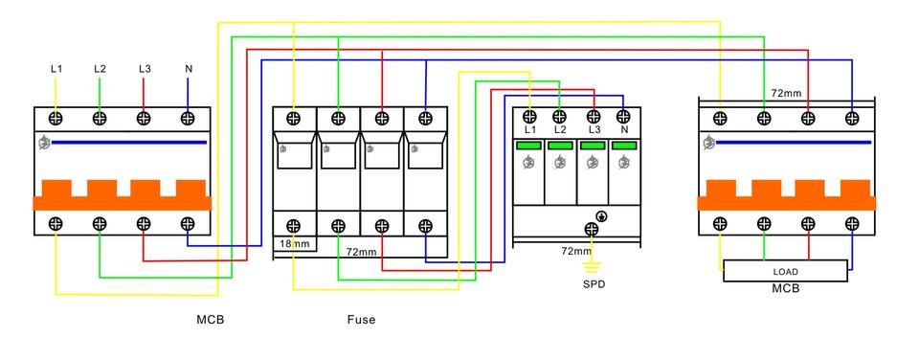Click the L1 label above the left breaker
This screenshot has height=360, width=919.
[x=56, y=69]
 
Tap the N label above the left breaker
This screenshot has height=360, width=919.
[x=189, y=69]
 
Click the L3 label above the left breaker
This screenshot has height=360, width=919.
[x=145, y=69]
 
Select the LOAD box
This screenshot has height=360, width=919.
[x=785, y=271]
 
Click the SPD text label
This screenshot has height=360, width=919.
[x=594, y=285]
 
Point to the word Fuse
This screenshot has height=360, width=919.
[x=361, y=320]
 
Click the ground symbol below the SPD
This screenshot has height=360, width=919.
[x=592, y=268]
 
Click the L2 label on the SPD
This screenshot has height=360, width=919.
[x=559, y=129]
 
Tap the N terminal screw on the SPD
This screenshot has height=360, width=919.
[x=623, y=117]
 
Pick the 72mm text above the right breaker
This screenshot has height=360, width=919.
[x=785, y=93]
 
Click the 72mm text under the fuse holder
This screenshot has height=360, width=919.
[x=360, y=252]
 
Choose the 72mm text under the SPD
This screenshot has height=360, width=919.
[x=576, y=252]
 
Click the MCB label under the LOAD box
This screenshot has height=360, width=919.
[x=785, y=289]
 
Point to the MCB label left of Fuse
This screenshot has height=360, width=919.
[x=210, y=320]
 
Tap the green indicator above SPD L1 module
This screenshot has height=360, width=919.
[x=529, y=146]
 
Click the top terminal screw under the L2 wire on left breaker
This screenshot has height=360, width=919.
[x=100, y=119]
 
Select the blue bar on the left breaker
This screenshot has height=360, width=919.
[x=129, y=142]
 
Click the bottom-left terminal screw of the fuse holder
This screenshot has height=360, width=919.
[x=294, y=225]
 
